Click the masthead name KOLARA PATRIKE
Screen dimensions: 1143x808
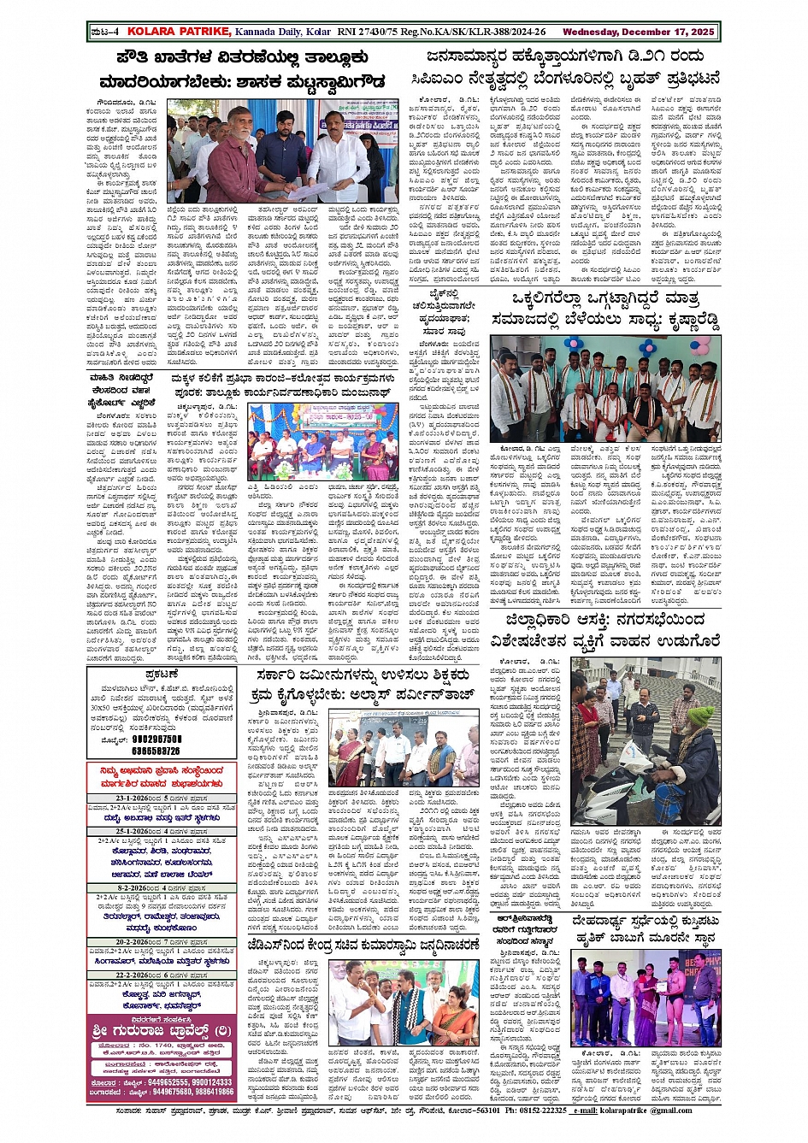coord(179,32)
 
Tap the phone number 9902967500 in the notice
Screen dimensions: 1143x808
coord(156,739)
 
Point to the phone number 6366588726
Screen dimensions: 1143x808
coord(156,751)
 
